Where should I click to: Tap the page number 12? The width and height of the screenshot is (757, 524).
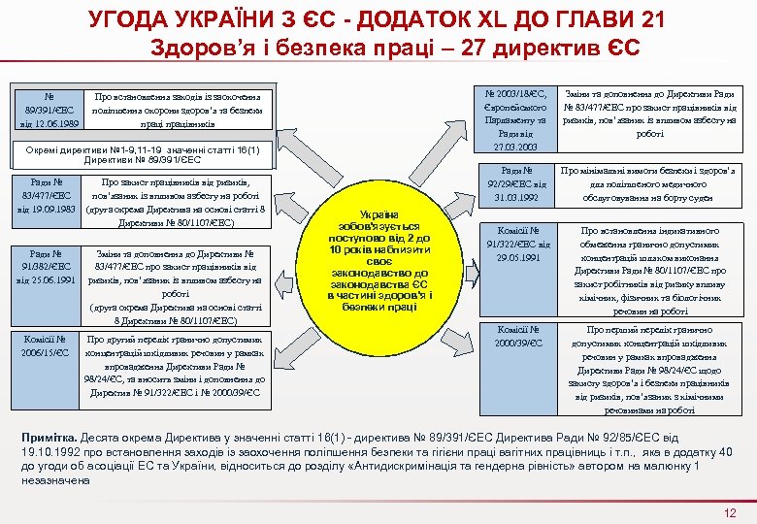(731, 512)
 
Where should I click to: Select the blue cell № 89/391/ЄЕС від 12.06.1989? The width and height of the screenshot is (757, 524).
(47, 110)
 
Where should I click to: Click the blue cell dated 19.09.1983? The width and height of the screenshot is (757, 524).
(47, 197)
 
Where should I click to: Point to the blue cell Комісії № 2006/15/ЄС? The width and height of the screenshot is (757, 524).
(47, 346)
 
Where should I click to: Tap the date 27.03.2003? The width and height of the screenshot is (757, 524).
(516, 147)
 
